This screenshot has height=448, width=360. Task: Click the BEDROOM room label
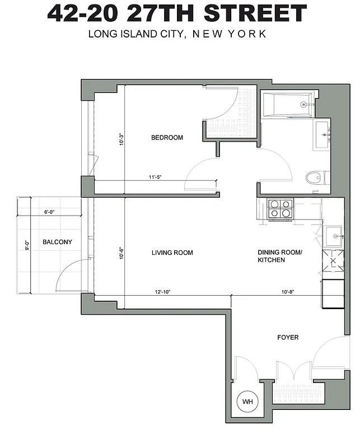pyautogui.click(x=167, y=138)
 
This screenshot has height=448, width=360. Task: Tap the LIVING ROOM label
pyautogui.click(x=172, y=253)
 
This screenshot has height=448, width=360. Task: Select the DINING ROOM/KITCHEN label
pyautogui.click(x=279, y=256)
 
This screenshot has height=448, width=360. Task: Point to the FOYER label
pyautogui.click(x=288, y=338)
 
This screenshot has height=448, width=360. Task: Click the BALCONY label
pyautogui.click(x=57, y=242)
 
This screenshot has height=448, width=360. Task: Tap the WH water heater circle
pyautogui.click(x=247, y=402)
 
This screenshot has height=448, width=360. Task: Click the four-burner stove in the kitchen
pyautogui.click(x=280, y=209)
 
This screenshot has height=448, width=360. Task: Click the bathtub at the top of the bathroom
pyautogui.click(x=289, y=104)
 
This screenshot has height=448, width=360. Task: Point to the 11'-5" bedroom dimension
pyautogui.click(x=156, y=178)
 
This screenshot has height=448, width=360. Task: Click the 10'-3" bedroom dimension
pyautogui.click(x=121, y=139)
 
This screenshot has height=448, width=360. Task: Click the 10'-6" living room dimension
pyautogui.click(x=121, y=253)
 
